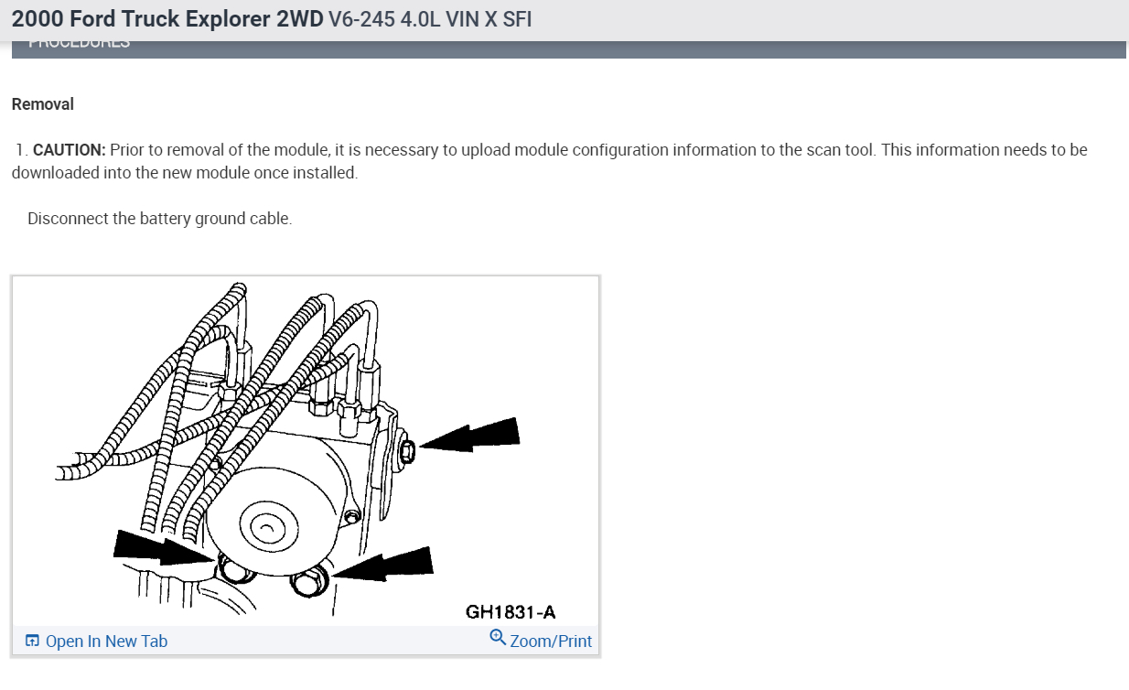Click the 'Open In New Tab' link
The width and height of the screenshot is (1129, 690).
click(106, 641)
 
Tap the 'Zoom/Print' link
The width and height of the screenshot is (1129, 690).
click(551, 641)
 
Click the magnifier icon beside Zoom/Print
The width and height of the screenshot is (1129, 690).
click(498, 637)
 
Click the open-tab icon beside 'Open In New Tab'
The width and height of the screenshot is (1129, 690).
click(32, 641)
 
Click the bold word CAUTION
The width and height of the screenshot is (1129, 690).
click(70, 150)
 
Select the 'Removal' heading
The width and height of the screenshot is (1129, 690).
click(43, 104)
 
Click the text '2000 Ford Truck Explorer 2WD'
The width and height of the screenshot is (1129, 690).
click(167, 20)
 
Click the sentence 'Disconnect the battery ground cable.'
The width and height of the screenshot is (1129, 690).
click(160, 219)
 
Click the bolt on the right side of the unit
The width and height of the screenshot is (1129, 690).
click(408, 450)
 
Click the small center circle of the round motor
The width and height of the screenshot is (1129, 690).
click(264, 529)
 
